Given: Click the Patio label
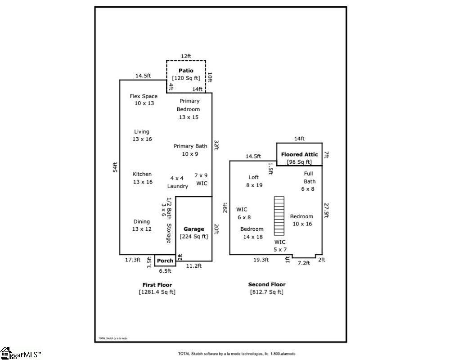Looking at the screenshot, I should click(186, 71).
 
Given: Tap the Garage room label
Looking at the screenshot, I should click(193, 229).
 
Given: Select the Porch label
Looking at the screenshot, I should click(165, 261).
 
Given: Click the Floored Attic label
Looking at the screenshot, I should click(299, 154).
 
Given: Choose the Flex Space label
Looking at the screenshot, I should click(144, 96).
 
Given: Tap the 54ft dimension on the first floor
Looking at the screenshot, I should click(115, 167).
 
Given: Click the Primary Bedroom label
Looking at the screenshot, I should click(188, 105).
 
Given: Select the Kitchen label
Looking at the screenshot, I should click(142, 174).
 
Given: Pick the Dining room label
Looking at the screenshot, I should click(142, 221).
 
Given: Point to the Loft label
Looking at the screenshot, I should click(254, 177).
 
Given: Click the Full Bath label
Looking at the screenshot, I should click(308, 177).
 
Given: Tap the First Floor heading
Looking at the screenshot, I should click(157, 285).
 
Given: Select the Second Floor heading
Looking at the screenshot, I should click(267, 284).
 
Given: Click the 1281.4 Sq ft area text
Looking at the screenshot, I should click(157, 292).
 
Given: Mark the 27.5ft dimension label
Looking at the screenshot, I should click(327, 210).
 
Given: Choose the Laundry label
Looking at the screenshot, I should click(177, 186).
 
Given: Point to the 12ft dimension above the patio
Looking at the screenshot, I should click(186, 56).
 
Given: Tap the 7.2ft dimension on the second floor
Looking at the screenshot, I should click(304, 263).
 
